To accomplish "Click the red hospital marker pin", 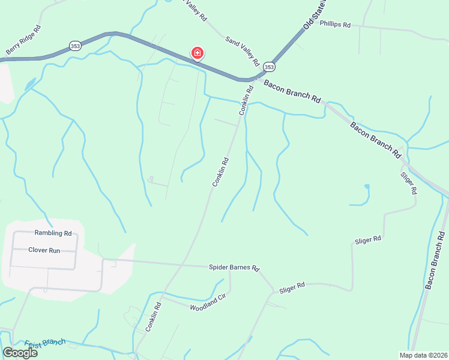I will click(x=196, y=53).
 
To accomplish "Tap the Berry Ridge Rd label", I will click(x=23, y=41).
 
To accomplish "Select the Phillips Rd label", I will click(x=335, y=24).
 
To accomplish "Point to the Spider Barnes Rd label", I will click(x=234, y=267).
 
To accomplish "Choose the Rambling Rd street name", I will click(x=53, y=233).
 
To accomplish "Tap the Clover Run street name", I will click(x=44, y=250).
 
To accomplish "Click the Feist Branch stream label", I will click(x=45, y=343).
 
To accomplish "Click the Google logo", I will click(x=20, y=353).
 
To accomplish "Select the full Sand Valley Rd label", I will click(x=243, y=50).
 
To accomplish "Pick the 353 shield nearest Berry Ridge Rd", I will click(x=75, y=46).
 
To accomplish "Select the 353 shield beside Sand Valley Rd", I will click(x=269, y=67).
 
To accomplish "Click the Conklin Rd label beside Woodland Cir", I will click(x=154, y=317).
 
